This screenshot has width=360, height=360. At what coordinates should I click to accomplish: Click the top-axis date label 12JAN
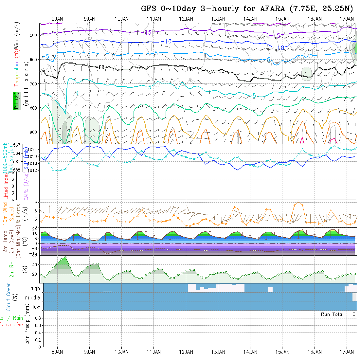(186, 19)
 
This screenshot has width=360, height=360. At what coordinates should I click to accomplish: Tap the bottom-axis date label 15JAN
(282, 352)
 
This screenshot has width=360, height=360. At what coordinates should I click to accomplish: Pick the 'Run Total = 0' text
(338, 314)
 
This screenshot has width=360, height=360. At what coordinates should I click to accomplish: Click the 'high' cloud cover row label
(35, 288)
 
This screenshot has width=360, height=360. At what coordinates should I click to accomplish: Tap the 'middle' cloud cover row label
(33, 298)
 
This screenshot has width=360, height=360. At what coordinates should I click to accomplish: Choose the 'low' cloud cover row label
(36, 307)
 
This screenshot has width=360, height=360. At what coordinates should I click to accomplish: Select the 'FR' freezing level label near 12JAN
(190, 69)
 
